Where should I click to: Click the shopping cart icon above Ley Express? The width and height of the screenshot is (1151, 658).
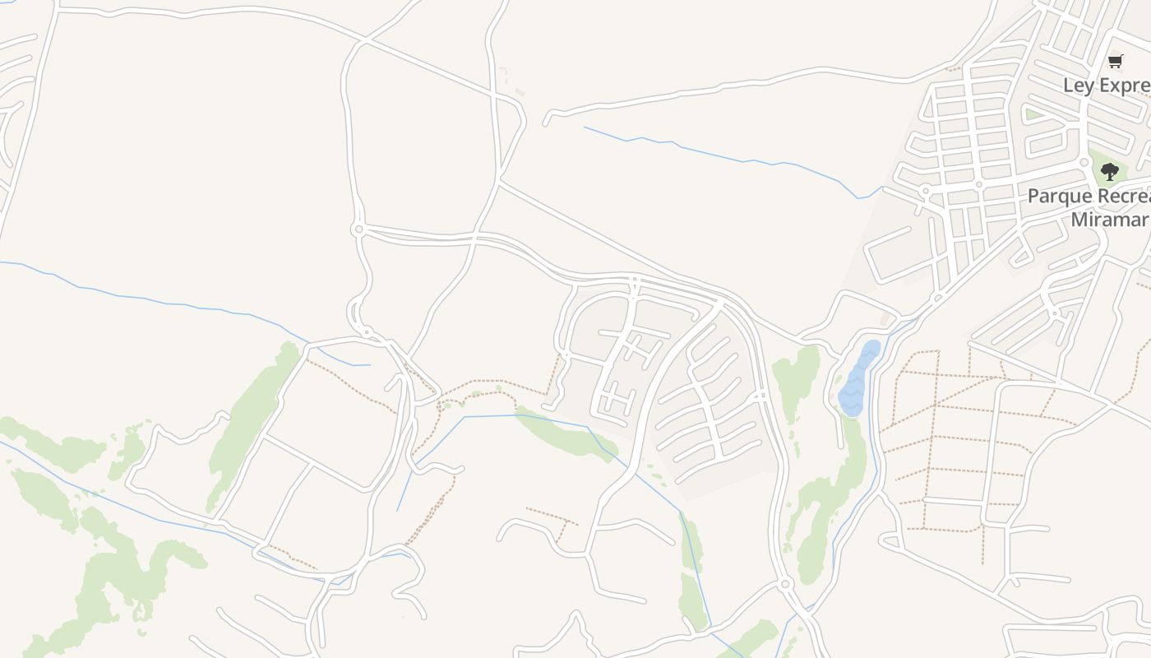point(1116,60)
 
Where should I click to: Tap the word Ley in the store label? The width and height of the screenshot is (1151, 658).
point(1078,86)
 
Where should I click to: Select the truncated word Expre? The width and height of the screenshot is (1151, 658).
point(1123,86)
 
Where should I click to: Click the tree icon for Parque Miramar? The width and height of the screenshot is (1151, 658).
point(1110,172)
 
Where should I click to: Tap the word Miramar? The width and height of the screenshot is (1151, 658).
point(1108,219)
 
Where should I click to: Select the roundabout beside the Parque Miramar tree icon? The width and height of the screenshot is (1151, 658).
point(1084,162)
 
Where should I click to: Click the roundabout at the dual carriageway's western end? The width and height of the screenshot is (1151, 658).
point(358,229)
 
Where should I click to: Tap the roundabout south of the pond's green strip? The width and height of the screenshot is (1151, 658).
point(785,584)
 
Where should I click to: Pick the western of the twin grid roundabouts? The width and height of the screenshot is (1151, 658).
point(926,191)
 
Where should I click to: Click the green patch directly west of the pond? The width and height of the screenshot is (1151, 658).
point(796,378)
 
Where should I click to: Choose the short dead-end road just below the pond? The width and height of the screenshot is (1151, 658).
point(839,428)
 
